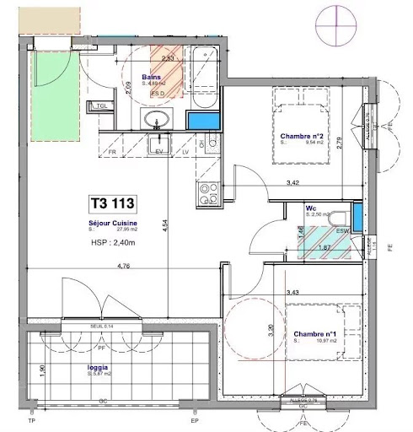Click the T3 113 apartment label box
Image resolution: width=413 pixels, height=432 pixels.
(x=111, y=203)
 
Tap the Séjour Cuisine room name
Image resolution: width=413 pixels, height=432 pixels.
(x=112, y=220)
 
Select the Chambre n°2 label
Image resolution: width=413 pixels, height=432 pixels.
(x=299, y=137)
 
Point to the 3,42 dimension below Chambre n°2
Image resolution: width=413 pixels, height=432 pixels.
(x=293, y=182)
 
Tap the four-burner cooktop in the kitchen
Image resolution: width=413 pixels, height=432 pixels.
(x=206, y=195)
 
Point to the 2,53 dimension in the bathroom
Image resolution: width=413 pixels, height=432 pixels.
(x=168, y=57)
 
